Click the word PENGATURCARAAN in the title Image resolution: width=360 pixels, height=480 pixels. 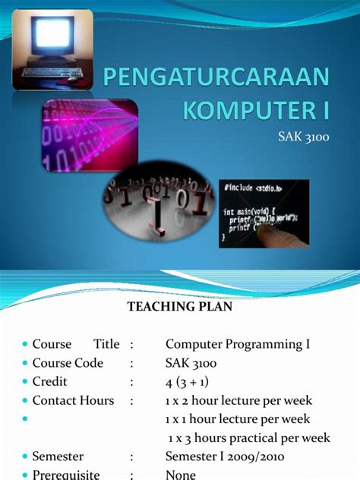[217, 77]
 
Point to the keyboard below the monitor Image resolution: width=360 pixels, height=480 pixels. [52, 74]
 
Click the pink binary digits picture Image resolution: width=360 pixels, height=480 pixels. [89, 136]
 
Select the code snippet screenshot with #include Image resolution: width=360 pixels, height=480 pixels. [264, 213]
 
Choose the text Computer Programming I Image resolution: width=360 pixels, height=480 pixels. [238, 344]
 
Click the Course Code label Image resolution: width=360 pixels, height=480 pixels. [68, 363]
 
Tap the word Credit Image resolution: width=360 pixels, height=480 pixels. [50, 381]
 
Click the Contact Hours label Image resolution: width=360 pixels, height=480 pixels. [73, 400]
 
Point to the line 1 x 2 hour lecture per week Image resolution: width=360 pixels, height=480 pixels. [238, 400]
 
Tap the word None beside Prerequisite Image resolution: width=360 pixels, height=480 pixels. [181, 475]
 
